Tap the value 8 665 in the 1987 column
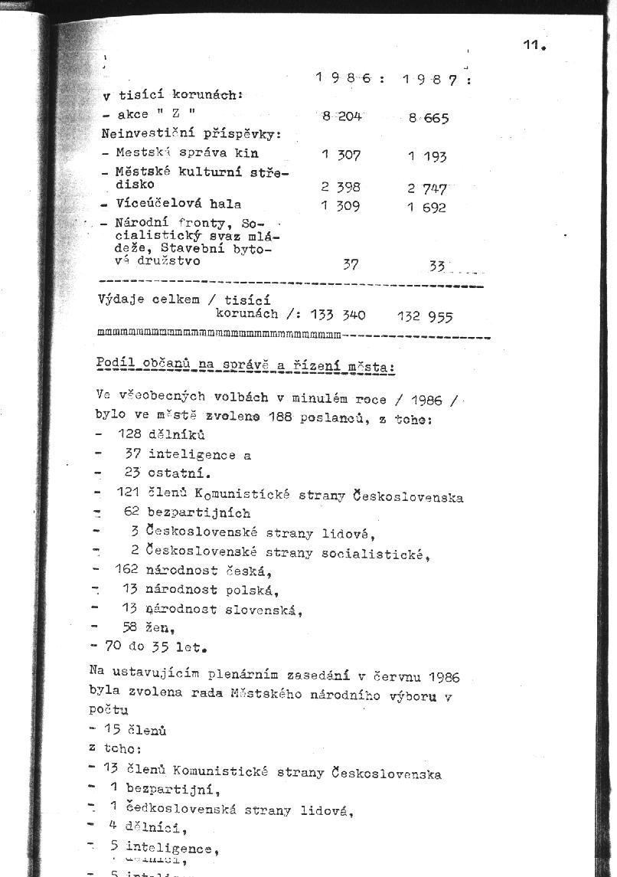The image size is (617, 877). tap(428, 118)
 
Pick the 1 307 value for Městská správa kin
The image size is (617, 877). tap(341, 155)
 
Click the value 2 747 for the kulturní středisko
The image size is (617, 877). tap(426, 188)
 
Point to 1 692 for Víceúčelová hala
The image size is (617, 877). tap(426, 207)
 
